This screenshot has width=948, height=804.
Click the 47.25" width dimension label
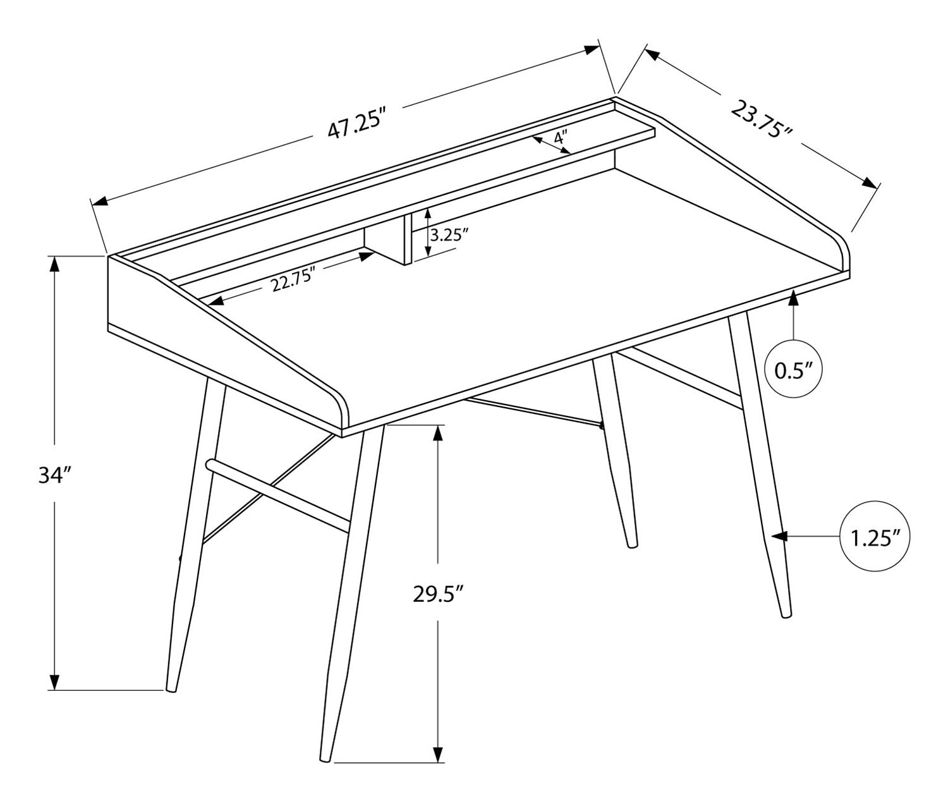tap(355, 123)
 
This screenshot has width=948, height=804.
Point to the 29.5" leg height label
tap(437, 595)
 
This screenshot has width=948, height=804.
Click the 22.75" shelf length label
tap(293, 279)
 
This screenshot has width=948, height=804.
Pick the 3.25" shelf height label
tap(449, 235)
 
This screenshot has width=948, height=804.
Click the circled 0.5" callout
tap(793, 368)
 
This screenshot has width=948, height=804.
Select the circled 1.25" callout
tap(875, 536)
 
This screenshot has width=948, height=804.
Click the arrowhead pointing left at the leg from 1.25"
tap(779, 536)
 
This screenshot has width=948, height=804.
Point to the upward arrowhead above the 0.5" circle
tap(793, 300)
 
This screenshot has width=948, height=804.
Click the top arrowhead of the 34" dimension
tap(55, 265)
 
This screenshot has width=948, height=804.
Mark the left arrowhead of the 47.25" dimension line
tap(99, 202)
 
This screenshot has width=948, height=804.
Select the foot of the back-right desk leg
tap(633, 545)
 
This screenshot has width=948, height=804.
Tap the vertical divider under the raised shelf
tap(407, 238)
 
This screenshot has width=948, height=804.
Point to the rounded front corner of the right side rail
tap(841, 252)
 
